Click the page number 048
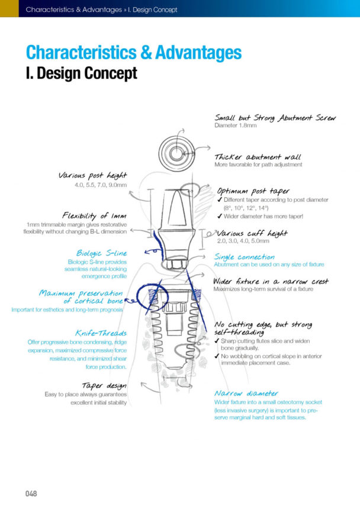click(x=31, y=493)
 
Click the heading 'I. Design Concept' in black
click(x=81, y=73)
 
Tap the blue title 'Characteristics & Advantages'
click(x=133, y=51)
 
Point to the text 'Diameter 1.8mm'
click(x=235, y=125)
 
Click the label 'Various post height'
click(x=92, y=175)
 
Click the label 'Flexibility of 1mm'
click(x=95, y=215)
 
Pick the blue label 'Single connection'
click(x=244, y=257)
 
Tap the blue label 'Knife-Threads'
click(x=101, y=333)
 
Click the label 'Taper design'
click(x=104, y=385)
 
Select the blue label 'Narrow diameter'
click(x=245, y=393)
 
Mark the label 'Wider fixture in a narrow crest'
click(x=271, y=282)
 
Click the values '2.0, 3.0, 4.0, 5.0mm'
click(x=243, y=241)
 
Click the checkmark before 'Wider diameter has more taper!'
click(x=220, y=216)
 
